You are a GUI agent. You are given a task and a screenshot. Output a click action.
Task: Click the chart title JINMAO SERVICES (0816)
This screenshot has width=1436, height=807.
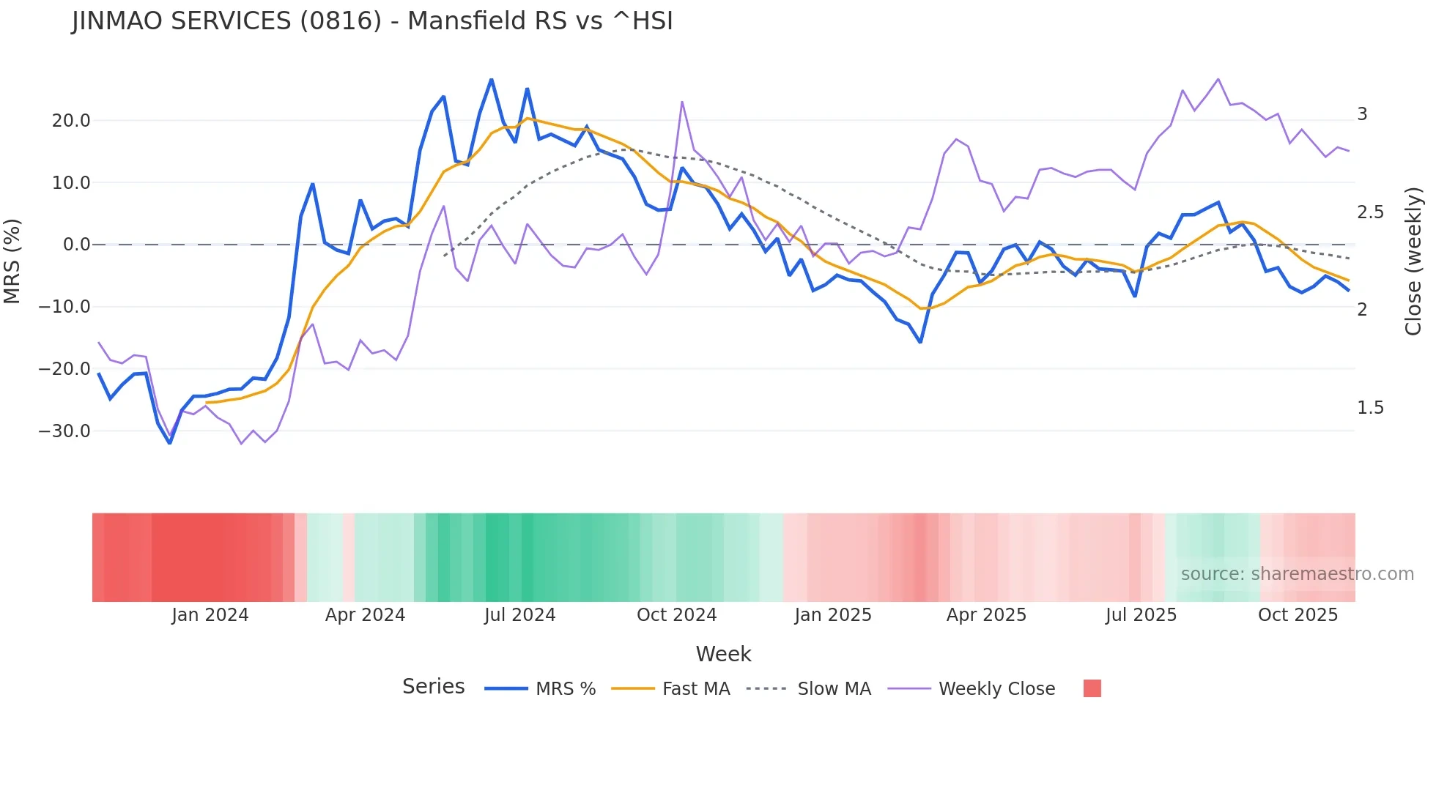(x=372, y=21)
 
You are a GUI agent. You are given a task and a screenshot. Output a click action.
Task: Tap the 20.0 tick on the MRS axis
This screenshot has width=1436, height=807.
(x=71, y=121)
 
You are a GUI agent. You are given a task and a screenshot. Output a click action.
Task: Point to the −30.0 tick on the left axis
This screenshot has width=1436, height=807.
(x=64, y=431)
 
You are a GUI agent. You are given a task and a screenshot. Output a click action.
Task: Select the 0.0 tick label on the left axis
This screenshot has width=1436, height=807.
(x=77, y=245)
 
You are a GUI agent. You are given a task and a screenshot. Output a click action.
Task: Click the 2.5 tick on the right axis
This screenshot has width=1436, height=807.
(x=1370, y=212)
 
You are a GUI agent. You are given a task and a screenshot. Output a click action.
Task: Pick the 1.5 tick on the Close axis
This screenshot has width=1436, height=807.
(x=1370, y=408)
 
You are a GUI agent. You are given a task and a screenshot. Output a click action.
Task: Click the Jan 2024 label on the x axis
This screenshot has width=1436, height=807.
(x=210, y=615)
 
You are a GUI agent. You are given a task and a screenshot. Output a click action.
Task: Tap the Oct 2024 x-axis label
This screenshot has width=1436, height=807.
(x=676, y=615)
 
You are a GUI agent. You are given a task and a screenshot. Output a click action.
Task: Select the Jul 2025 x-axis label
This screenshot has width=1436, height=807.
(x=1141, y=615)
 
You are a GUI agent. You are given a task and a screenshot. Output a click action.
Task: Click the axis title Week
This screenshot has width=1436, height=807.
(x=723, y=654)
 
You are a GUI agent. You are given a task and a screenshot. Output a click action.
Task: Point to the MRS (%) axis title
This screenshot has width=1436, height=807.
(x=12, y=261)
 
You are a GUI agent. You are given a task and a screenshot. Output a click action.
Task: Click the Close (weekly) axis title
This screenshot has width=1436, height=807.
(x=1413, y=261)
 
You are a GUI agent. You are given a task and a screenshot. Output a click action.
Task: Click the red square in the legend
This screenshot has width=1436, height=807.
(x=1092, y=688)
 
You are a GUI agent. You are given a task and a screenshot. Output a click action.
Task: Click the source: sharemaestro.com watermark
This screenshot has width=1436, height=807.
(x=1297, y=574)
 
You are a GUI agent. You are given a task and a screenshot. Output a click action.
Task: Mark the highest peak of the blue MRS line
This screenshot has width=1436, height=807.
(x=491, y=79)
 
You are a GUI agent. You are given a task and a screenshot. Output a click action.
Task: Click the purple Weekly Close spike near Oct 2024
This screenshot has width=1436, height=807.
(x=682, y=102)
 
